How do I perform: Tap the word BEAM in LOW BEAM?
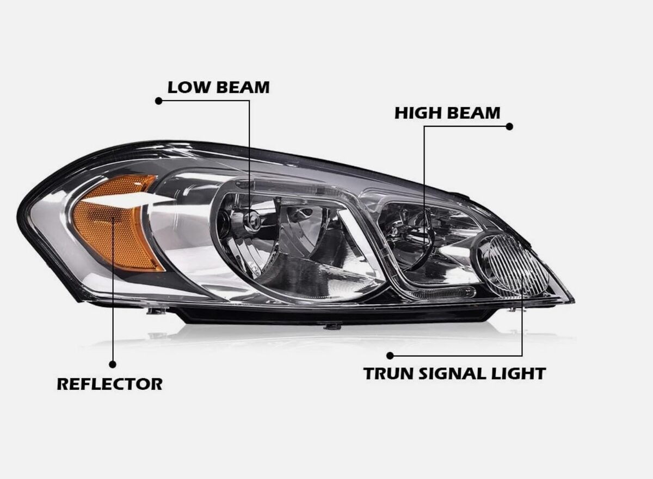pyautogui.click(x=243, y=88)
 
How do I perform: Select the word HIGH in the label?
pyautogui.click(x=415, y=113)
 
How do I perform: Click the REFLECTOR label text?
pyautogui.click(x=109, y=384)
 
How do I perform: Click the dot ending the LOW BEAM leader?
pyautogui.click(x=158, y=101)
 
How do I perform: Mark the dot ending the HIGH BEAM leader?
pyautogui.click(x=509, y=126)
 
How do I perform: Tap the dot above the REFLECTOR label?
pyautogui.click(x=113, y=365)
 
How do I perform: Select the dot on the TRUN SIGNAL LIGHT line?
pyautogui.click(x=390, y=355)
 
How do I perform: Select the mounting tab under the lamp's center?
pyautogui.click(x=332, y=326)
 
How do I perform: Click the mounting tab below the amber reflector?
pyautogui.click(x=157, y=311)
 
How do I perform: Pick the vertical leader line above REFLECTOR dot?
pyautogui.click(x=113, y=288)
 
